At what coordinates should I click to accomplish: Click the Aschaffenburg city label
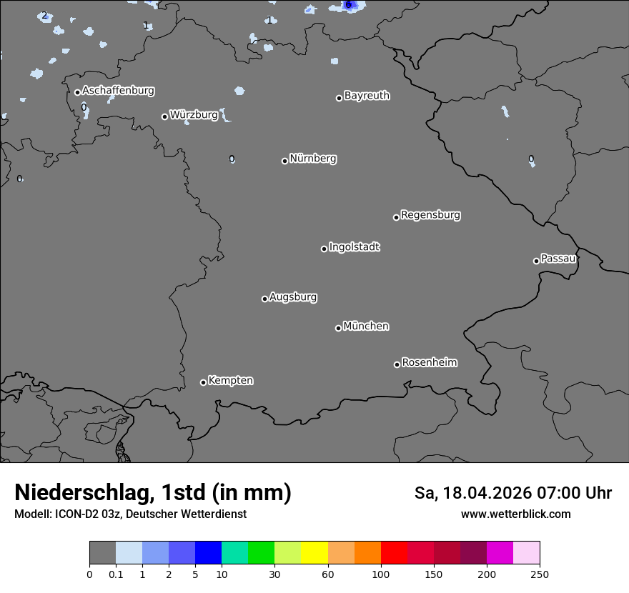(x=118, y=91)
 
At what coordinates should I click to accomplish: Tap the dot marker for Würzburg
(x=164, y=116)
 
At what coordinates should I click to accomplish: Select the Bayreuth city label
(x=367, y=96)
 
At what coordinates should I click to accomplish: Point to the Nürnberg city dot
(x=284, y=161)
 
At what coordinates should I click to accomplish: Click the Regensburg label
(x=430, y=215)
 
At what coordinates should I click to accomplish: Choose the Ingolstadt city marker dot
(x=324, y=249)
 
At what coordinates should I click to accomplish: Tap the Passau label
(x=558, y=259)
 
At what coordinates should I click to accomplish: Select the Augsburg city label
(x=293, y=297)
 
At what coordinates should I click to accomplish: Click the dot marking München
(x=338, y=328)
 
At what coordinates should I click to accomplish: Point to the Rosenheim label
(x=429, y=363)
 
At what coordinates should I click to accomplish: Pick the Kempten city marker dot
(x=203, y=382)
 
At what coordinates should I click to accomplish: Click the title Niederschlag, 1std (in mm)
(x=153, y=493)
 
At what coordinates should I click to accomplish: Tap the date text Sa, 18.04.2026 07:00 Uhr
(x=513, y=493)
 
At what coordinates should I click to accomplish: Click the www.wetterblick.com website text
(x=515, y=514)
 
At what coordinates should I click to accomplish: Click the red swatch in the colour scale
(x=394, y=553)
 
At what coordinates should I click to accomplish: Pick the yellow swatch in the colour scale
(x=314, y=553)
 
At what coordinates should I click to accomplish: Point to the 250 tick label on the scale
(x=539, y=574)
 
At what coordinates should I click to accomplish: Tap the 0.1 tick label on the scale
(x=116, y=574)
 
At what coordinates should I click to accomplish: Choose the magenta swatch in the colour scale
(x=500, y=553)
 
